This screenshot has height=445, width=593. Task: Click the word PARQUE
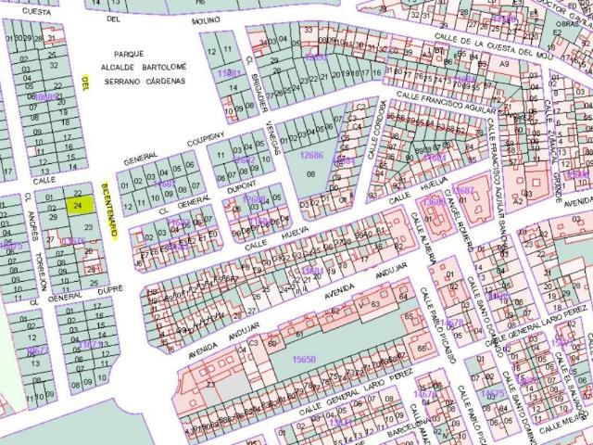[x=122, y=55]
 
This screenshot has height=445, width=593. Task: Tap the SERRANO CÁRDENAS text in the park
[x=145, y=81]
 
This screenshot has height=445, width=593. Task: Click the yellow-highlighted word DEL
[x=85, y=83]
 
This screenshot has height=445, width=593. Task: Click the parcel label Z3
[x=210, y=383]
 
